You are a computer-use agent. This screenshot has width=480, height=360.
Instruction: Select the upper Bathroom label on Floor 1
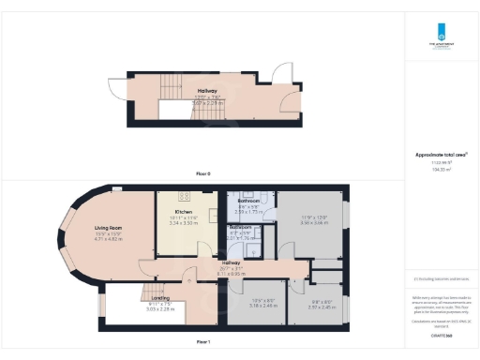[x=248, y=202]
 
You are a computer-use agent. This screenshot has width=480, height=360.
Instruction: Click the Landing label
[x=134, y=297]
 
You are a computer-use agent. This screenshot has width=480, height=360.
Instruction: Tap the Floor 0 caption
[x=203, y=173]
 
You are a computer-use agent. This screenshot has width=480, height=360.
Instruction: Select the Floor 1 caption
[x=203, y=343]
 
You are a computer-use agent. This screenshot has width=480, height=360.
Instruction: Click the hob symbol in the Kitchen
[x=185, y=196]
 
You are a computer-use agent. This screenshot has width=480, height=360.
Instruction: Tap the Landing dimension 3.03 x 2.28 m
[x=134, y=307]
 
